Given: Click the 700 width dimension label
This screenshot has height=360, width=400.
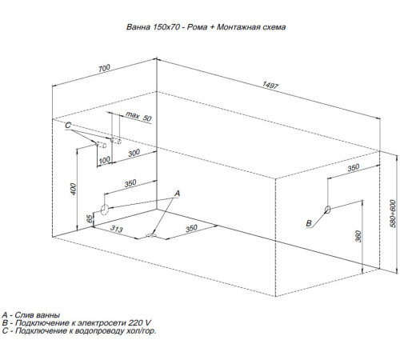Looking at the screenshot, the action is click(x=104, y=68).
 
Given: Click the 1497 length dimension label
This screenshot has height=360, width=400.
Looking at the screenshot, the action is click(x=270, y=85).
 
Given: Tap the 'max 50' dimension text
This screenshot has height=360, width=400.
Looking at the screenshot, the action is click(x=138, y=116).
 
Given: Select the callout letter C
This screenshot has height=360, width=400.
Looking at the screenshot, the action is click(x=68, y=125).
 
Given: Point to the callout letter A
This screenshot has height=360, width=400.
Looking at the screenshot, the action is click(x=178, y=194).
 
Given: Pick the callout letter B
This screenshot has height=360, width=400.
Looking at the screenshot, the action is click(x=309, y=223).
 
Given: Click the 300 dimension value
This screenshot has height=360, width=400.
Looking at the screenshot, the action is click(x=134, y=153).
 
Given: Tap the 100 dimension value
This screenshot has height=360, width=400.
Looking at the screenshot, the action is click(x=104, y=160).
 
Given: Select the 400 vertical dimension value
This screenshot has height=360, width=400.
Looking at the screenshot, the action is click(x=74, y=189).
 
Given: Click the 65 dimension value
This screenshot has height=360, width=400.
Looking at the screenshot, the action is click(x=90, y=218).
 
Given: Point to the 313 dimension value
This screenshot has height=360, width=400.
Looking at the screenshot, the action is click(x=117, y=229).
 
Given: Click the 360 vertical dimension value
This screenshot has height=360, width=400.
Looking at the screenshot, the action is click(x=358, y=236).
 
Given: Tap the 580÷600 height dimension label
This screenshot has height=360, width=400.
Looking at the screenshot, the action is click(x=393, y=214).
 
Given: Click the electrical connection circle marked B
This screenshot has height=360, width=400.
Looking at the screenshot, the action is click(x=328, y=210).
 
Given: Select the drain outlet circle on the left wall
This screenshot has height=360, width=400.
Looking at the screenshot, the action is click(x=105, y=210).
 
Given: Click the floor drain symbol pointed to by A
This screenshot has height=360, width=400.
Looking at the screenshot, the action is click(x=151, y=235).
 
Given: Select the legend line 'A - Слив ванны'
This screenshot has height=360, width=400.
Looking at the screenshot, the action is click(x=31, y=315).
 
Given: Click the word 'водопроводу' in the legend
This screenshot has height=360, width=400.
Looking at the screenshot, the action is click(x=99, y=331).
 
